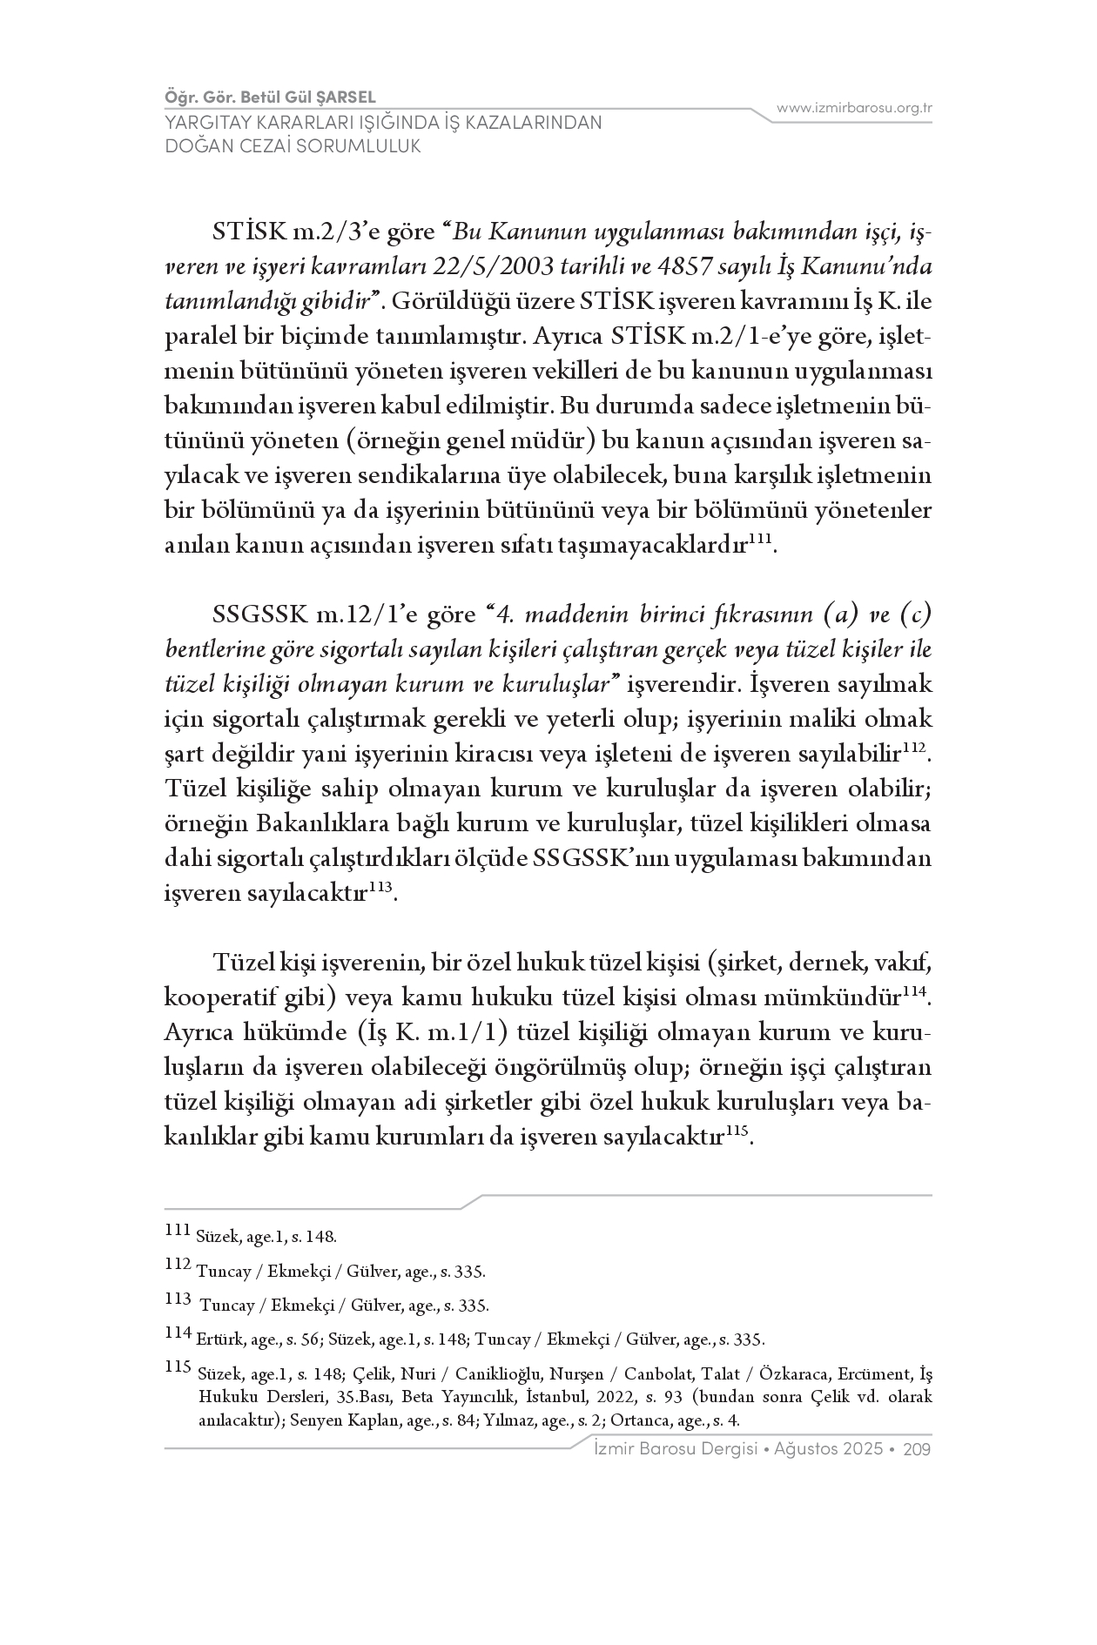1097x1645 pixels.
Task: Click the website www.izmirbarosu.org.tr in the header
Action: [x=854, y=108]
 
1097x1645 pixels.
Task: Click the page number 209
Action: [x=918, y=1449]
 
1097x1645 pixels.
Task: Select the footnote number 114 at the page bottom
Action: [x=177, y=1332]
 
